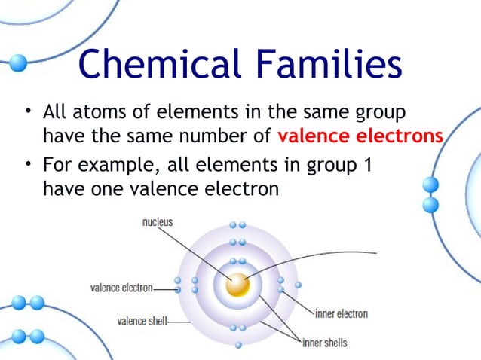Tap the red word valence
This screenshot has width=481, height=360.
coord(313,138)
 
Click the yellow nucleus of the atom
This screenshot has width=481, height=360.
coord(238,285)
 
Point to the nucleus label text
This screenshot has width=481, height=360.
coord(158,222)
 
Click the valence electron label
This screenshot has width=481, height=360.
coord(121,288)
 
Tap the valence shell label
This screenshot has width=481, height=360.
coord(142,322)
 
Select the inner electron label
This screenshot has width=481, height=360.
coord(342,313)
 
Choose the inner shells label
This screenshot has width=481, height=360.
coord(325,343)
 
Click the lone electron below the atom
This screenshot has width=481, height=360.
coord(238,345)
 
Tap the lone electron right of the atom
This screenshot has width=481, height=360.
coord(299,285)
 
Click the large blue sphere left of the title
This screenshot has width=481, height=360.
coord(17,63)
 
